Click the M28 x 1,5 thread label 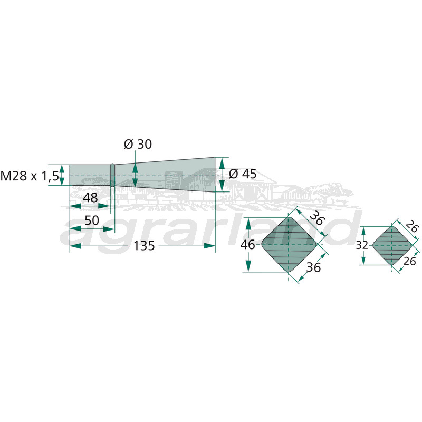30,176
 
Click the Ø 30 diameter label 138,144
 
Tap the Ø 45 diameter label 243,174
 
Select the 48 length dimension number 90,198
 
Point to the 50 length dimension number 92,220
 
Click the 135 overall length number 144,246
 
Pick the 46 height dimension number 247,245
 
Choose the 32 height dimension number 362,245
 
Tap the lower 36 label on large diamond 313,267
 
